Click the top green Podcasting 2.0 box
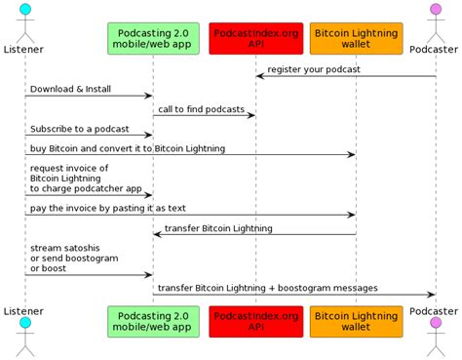(153, 38)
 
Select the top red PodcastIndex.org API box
(255, 38)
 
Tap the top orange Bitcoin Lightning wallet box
(356, 38)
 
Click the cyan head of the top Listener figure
(24, 10)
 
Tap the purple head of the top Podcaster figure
(435, 10)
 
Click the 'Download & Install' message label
(69, 89)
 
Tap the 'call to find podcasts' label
(201, 109)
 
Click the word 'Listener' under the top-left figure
(23, 49)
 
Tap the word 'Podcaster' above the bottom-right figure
(435, 309)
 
